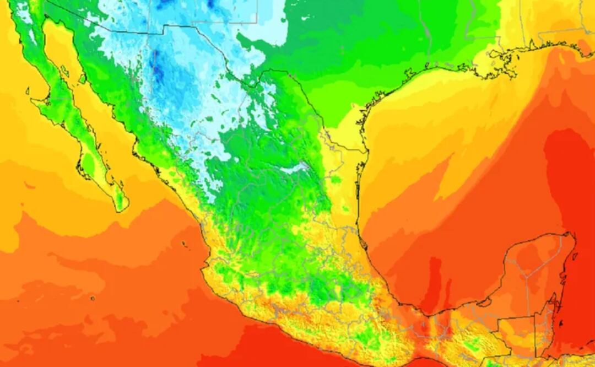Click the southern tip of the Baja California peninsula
click(x=122, y=210)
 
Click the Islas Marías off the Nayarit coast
click(x=185, y=243)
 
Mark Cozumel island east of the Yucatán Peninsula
click(x=574, y=256)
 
